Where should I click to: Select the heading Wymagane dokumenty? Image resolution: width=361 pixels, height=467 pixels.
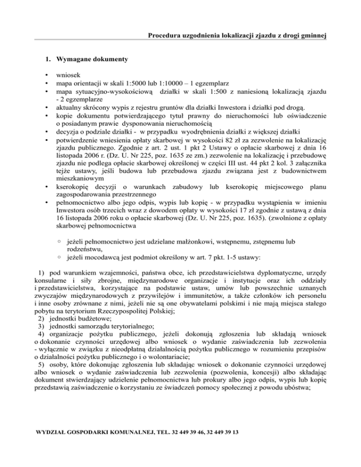[x=87, y=60]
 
